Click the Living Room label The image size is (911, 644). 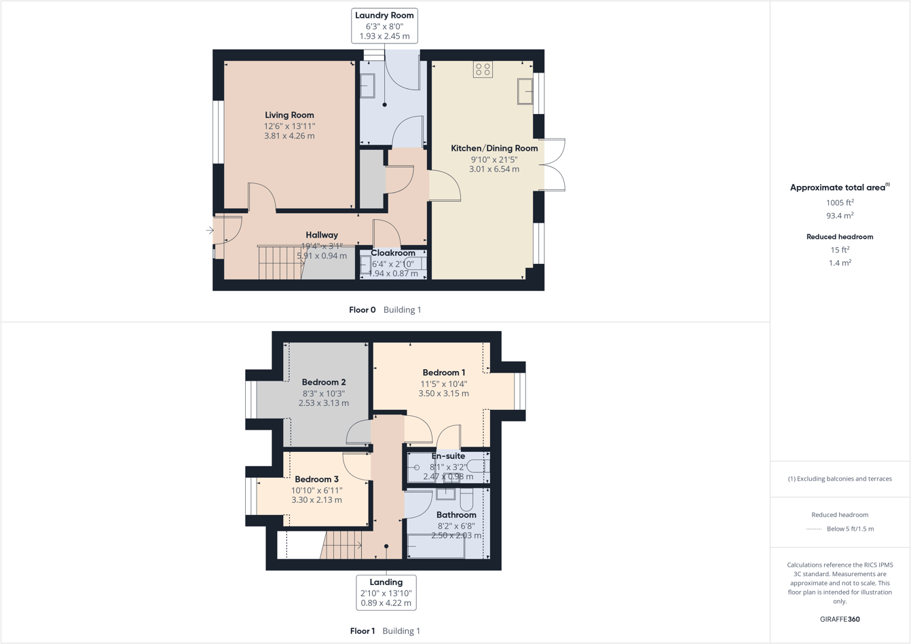pos(289,115)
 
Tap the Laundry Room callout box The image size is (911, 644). pos(384,26)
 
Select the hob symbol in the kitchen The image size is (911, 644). pos(483,69)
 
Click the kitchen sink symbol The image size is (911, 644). pos(525,92)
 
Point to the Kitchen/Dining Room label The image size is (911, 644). pos(494,148)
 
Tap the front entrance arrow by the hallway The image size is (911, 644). pos(210,231)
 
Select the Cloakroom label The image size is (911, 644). pos(392,253)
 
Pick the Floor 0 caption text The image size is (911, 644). pos(362,310)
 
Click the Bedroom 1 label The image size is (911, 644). pos(443,373)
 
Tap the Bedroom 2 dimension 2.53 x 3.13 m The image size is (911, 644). pos(324,403)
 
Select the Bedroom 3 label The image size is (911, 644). pos(316,479)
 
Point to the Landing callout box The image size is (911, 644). pos(386,592)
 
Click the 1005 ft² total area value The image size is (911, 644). pos(840,202)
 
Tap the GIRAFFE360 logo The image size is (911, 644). pos(840,619)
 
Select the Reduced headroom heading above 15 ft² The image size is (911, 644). pos(840,237)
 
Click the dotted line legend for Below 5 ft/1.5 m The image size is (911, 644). pos(813,529)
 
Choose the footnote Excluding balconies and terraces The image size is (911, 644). pos(840,479)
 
